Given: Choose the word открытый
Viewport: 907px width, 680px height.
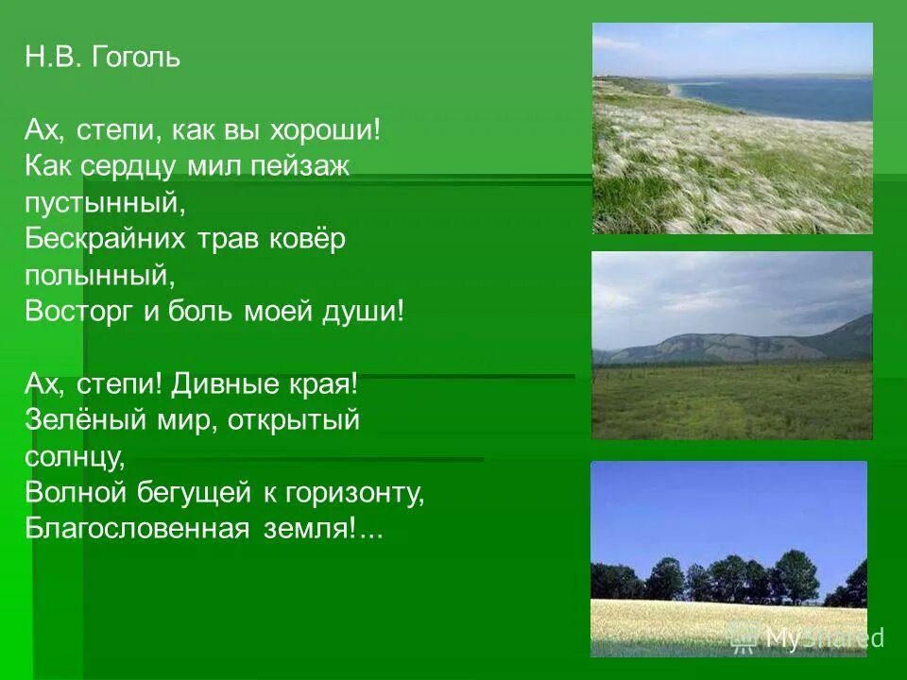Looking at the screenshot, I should point(294,421).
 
